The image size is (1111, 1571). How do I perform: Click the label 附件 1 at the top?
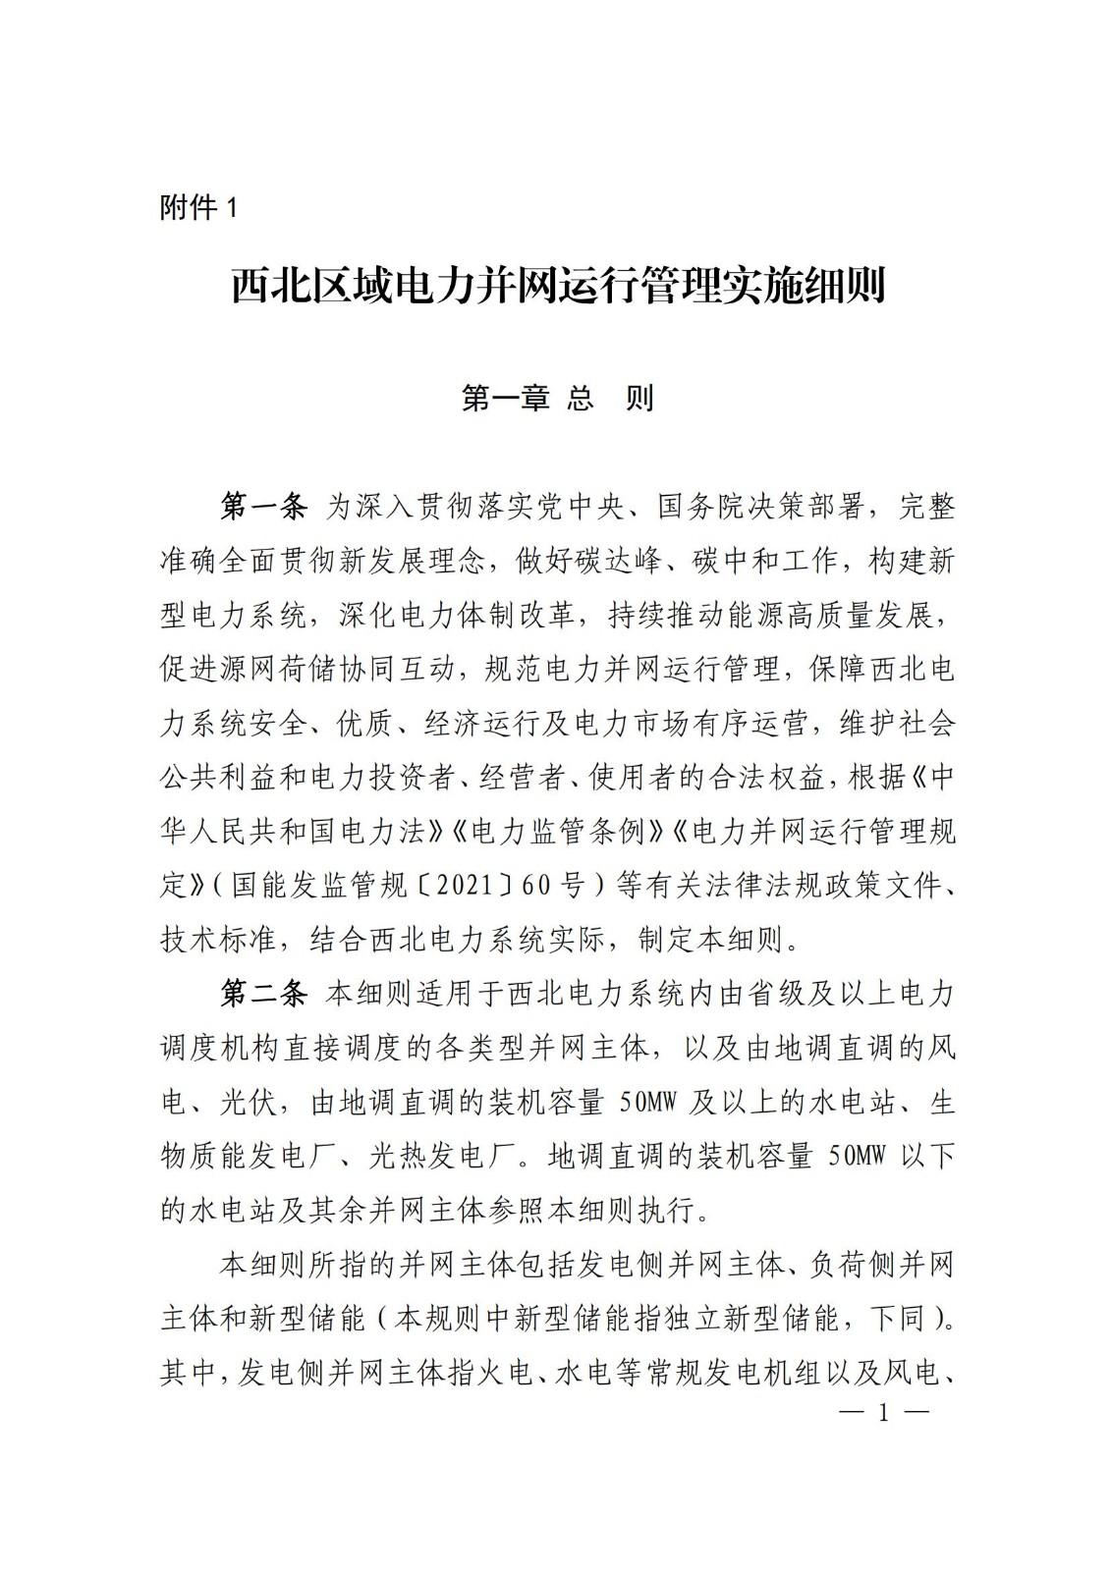coord(198,208)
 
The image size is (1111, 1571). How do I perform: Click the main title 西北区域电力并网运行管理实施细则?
coord(558,287)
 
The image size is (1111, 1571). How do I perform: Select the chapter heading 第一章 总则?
coord(557,398)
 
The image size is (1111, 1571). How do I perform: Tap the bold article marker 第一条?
coord(262,507)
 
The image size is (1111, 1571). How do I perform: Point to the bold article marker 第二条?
coord(262,994)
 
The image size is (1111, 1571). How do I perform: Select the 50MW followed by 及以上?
coord(649,1103)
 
